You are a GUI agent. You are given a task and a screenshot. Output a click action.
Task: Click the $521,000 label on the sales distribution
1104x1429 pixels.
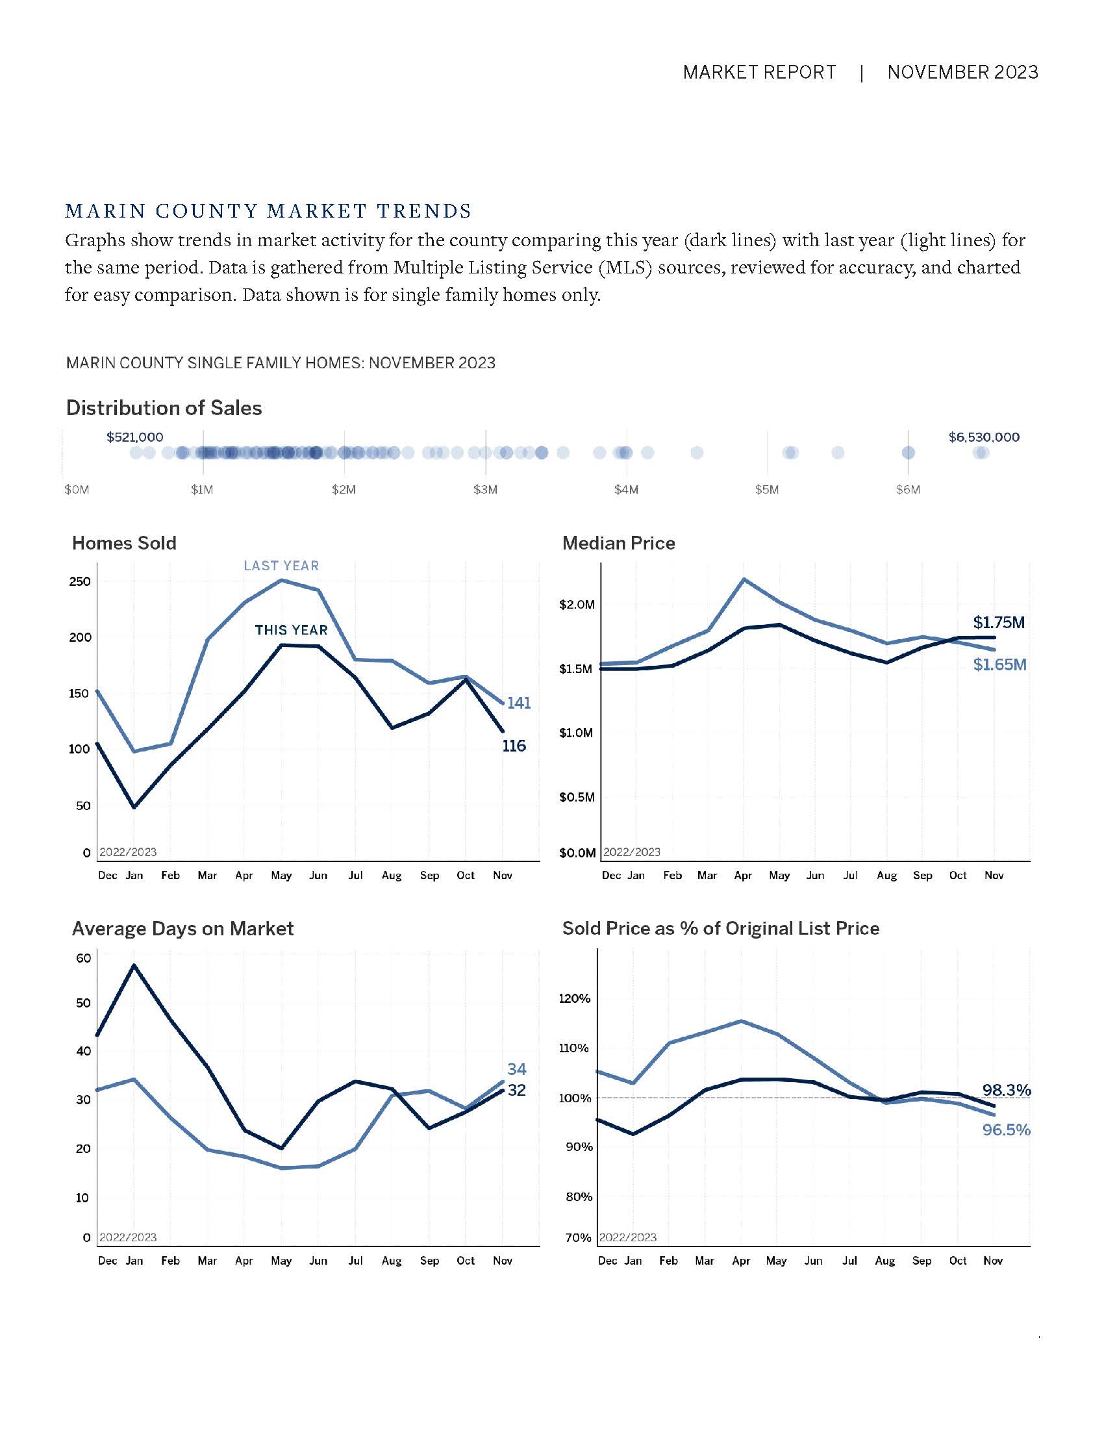coord(134,437)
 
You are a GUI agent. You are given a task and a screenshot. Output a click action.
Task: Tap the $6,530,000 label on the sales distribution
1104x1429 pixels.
coord(984,437)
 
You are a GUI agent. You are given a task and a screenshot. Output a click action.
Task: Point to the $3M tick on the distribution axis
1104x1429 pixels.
coord(485,489)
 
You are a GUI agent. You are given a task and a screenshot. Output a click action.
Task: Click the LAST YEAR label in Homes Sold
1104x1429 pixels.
coord(281,566)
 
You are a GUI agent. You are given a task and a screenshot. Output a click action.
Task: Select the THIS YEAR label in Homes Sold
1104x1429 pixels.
coord(291,630)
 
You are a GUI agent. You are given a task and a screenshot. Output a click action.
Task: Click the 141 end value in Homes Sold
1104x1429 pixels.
coord(519,703)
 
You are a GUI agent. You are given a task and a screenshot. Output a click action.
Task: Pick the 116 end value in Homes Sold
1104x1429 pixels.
coord(514,746)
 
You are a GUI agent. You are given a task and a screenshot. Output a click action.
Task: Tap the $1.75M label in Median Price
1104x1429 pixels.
coord(999,622)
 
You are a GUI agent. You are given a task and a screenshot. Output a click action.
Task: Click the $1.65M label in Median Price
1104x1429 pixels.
coord(999,664)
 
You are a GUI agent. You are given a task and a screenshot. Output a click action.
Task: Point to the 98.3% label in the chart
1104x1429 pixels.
coord(1006,1090)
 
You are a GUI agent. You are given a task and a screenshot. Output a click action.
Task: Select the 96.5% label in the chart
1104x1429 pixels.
coord(1006,1130)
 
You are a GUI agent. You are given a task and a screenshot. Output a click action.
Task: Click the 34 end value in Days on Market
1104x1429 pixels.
coord(517,1069)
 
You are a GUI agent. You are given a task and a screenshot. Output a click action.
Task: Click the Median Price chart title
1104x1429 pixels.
coord(618,543)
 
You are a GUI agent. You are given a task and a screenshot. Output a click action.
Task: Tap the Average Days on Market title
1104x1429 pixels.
coord(182,928)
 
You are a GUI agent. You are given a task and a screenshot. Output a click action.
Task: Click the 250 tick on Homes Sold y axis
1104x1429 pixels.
coord(80,582)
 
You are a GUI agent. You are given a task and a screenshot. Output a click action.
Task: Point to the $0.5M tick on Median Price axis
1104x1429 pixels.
coord(577,797)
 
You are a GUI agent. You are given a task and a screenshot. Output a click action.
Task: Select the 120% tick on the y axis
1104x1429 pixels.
coord(574,998)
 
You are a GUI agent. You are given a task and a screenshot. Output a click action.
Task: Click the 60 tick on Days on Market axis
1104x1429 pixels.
coord(83,959)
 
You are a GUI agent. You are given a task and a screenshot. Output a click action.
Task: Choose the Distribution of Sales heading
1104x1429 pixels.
coord(164,408)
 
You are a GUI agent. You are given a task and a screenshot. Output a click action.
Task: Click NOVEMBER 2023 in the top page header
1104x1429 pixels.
coord(962,72)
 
